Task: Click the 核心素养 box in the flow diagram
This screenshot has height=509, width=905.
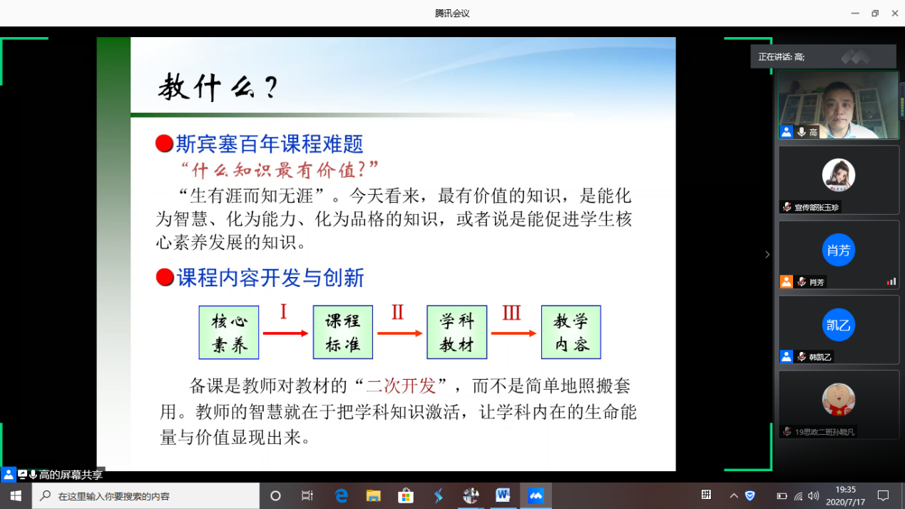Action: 229,333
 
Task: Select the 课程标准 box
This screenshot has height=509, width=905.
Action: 342,333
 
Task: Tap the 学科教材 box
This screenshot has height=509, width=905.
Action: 457,333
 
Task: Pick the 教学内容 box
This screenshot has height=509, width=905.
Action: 571,333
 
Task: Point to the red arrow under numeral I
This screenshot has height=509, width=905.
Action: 286,333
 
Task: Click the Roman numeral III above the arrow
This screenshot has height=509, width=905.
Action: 511,313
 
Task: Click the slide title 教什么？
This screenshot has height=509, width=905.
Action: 218,87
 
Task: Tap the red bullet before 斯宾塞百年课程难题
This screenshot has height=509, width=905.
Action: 165,143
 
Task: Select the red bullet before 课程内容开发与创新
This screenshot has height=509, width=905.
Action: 165,277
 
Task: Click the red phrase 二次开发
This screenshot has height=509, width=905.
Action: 401,385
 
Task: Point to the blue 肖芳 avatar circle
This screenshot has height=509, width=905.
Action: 839,250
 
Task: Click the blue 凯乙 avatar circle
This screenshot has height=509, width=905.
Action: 839,325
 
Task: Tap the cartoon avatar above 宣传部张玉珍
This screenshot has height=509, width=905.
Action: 839,175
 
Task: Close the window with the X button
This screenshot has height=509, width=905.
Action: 894,14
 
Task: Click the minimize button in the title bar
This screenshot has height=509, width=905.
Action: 855,14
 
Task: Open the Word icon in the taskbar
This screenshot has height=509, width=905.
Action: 503,495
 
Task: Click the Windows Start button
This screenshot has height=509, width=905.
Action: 16,495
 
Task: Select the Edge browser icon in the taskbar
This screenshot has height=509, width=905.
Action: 342,495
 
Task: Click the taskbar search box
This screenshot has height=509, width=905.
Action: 146,495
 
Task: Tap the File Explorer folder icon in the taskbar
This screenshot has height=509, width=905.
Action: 373,495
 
